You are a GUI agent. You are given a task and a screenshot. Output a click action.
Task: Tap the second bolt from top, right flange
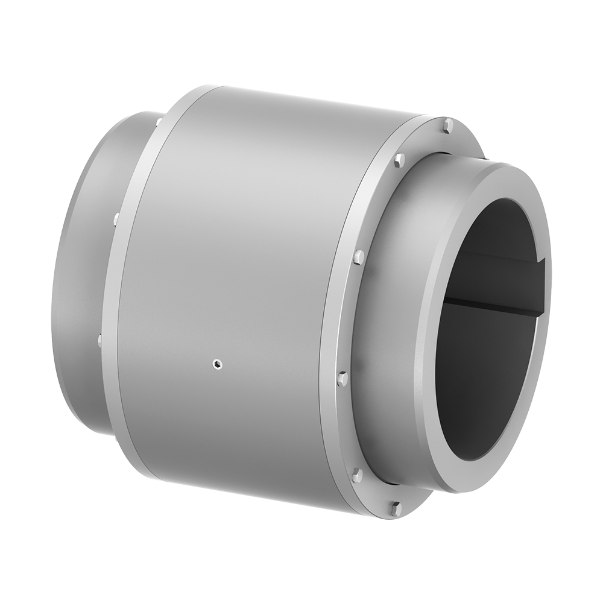coord(399,160)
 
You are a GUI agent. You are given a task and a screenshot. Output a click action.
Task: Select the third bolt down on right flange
coord(358,257)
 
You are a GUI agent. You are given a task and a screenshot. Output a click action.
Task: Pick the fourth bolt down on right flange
coord(343,379)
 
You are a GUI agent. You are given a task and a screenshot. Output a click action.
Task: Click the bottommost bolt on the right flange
coord(396,508)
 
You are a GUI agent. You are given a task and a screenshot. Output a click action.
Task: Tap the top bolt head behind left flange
coord(158,123)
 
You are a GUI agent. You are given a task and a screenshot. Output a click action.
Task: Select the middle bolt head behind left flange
coord(115,218)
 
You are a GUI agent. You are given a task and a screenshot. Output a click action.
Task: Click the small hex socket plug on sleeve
coord(218,363)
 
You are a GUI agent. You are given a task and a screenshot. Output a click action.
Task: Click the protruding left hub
coord(78,271)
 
